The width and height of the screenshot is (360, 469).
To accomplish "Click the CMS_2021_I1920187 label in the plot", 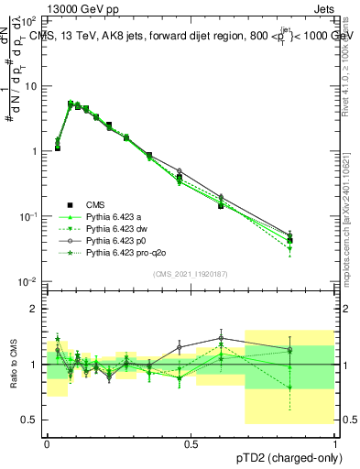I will click(191, 274).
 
